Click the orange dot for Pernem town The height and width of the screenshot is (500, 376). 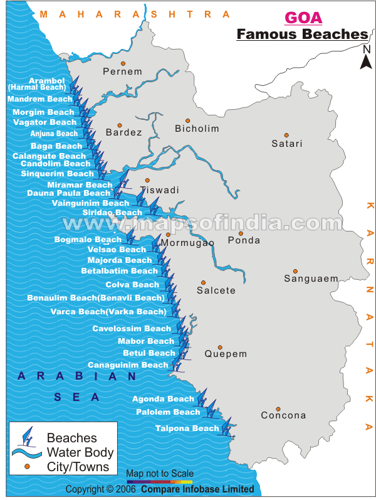[123, 63]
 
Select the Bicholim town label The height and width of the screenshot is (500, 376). [197, 129]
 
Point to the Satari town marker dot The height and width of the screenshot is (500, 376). [286, 135]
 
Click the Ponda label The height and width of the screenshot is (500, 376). [244, 240]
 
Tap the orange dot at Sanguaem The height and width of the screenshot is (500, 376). [295, 271]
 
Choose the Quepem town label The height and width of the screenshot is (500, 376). [226, 354]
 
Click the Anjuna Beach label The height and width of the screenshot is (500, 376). [54, 134]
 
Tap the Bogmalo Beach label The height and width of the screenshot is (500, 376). [88, 240]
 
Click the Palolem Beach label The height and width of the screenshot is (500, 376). [168, 412]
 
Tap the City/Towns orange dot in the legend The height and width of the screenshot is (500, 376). [27, 467]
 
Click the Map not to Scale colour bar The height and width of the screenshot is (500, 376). [159, 482]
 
